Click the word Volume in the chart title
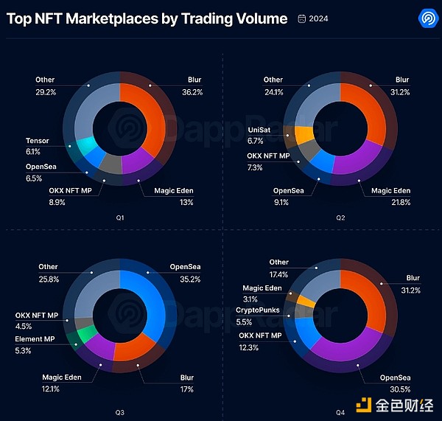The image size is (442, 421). tap(255, 18)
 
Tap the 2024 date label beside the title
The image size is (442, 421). tap(319, 18)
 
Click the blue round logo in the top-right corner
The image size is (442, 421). tap(426, 18)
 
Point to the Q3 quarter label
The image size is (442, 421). tap(119, 405)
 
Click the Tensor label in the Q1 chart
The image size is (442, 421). tap(38, 140)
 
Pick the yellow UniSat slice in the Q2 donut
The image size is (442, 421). tap(303, 135)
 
